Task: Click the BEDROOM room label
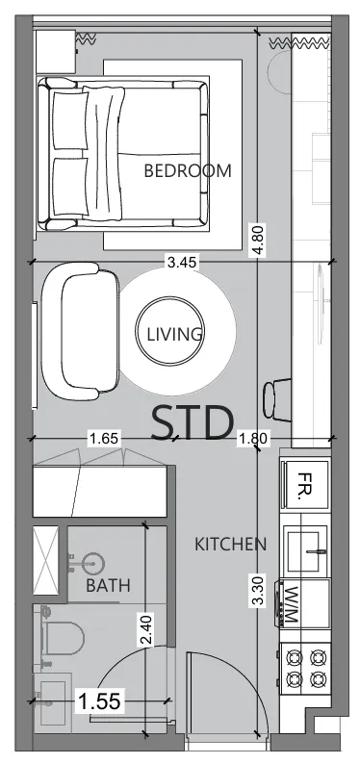coord(188,171)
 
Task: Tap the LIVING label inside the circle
coord(174,335)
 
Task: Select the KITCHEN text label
coord(230,545)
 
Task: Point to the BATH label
coord(108,585)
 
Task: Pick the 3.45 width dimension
coord(183,261)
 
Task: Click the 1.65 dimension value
coord(103,439)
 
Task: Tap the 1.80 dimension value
coord(252,440)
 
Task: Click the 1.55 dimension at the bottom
coord(99,701)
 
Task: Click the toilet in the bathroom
coord(64,637)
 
